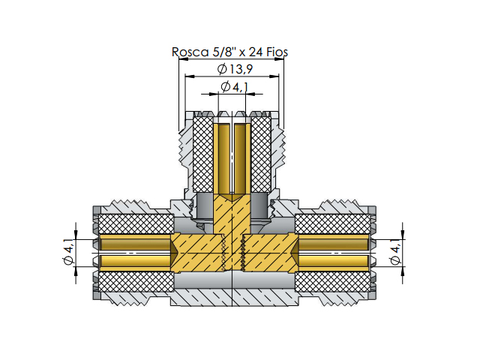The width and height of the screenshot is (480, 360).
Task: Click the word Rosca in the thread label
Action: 190,52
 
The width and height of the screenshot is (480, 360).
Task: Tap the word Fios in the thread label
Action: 277,52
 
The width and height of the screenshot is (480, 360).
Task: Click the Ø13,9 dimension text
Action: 235,69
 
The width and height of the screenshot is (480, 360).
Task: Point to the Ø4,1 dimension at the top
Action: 235,87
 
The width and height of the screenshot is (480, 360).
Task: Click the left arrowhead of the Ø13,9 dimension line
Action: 190,76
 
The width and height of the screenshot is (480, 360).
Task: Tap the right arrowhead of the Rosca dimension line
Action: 279,59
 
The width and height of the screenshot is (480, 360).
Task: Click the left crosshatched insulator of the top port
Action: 203,154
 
